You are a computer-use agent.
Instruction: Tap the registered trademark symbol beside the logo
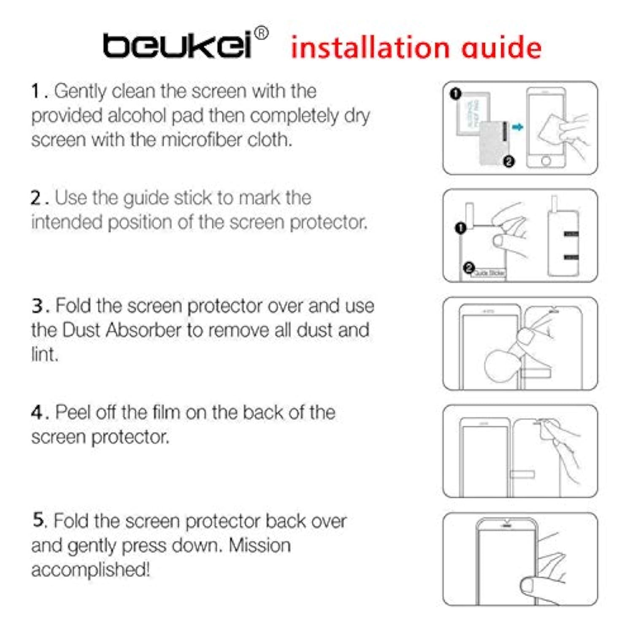[x=262, y=33]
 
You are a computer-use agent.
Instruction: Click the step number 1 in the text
[x=36, y=91]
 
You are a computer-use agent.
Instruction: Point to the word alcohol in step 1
[x=137, y=116]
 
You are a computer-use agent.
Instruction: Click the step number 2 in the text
[x=36, y=198]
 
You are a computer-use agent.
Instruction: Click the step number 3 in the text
[x=37, y=306]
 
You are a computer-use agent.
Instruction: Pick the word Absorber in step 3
[x=143, y=330]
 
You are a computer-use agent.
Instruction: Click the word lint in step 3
[x=43, y=354]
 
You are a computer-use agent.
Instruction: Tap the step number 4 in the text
[x=37, y=413]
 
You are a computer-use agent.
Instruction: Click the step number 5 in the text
[x=38, y=520]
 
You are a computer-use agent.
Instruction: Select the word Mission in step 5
[x=259, y=545]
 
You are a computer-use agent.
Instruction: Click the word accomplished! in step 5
[x=90, y=570]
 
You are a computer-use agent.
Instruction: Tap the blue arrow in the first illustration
[x=517, y=127]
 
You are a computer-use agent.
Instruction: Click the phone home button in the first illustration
[x=546, y=161]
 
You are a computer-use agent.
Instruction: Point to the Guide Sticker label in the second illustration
[x=489, y=273]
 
